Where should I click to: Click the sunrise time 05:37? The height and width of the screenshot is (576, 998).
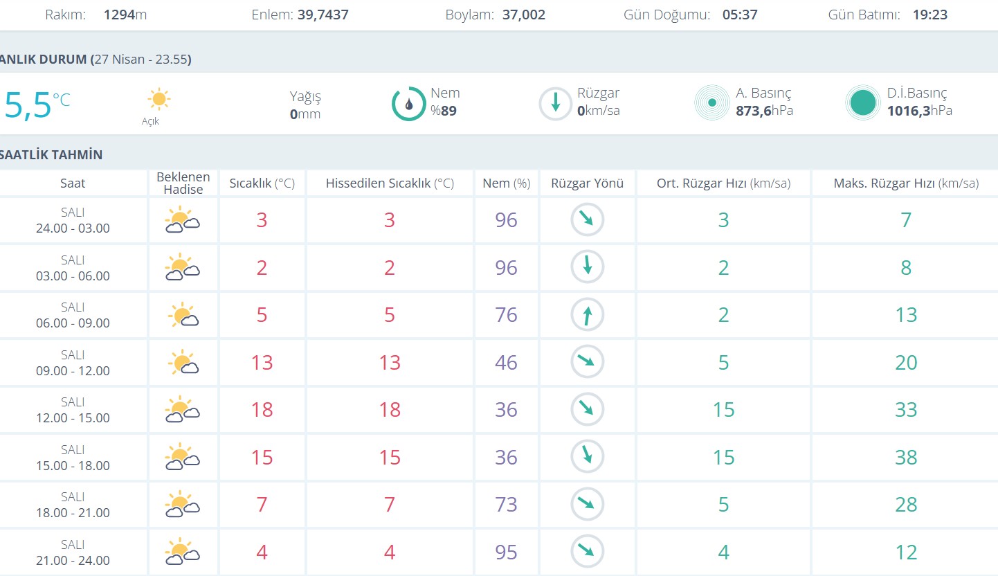(740, 15)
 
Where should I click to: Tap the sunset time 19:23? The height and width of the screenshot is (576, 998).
(929, 15)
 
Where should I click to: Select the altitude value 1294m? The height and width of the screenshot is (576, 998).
(125, 15)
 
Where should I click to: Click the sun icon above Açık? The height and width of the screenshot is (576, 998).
(159, 99)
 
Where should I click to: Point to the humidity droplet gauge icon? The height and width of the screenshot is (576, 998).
(408, 104)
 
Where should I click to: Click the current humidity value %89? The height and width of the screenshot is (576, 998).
(444, 111)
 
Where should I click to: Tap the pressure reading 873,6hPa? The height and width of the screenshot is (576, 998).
(764, 111)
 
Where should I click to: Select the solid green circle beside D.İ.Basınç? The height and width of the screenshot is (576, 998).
(862, 103)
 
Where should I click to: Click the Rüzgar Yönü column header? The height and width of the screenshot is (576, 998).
(587, 183)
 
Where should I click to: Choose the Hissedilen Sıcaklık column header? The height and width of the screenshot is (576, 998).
(390, 183)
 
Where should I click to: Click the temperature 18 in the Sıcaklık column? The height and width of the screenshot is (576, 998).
(262, 410)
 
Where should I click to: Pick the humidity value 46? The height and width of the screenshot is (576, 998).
(506, 363)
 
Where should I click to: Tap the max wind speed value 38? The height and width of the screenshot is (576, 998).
(906, 458)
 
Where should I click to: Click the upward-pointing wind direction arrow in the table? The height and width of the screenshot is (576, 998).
(588, 316)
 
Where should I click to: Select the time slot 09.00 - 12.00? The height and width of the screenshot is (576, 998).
(73, 370)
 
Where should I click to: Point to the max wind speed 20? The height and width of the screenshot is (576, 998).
(906, 363)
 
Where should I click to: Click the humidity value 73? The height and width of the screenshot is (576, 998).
(506, 505)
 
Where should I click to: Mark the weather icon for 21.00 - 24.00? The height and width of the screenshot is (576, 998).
(182, 552)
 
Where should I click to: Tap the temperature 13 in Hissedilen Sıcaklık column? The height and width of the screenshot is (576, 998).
(390, 363)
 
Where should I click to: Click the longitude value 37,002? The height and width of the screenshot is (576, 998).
(524, 15)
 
